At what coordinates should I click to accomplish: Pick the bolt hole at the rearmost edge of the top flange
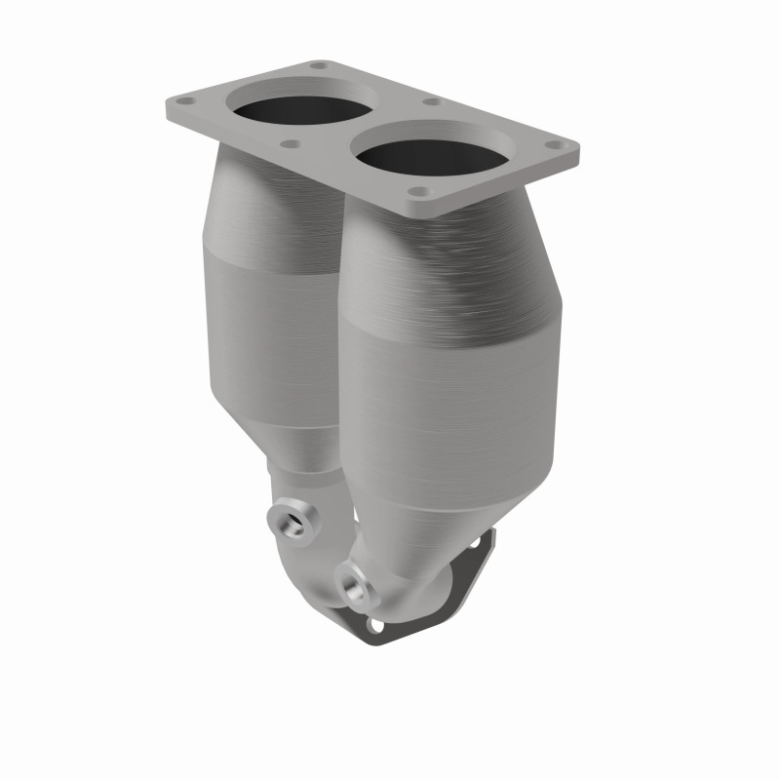click(318, 66)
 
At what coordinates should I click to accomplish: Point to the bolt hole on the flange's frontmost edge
click(418, 193)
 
